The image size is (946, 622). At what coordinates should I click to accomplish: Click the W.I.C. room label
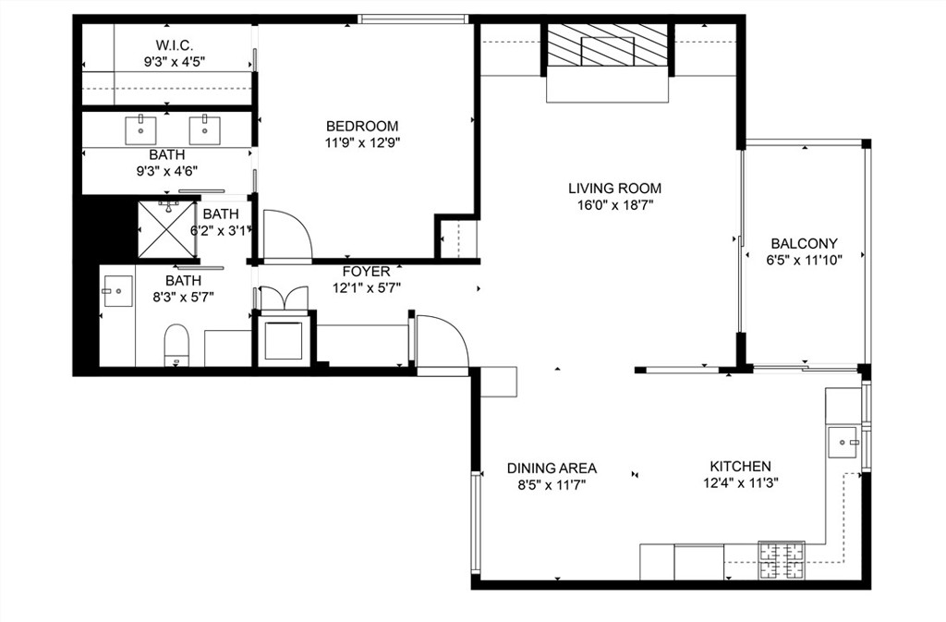click(174, 45)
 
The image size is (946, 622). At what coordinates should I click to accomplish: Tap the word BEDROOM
click(362, 127)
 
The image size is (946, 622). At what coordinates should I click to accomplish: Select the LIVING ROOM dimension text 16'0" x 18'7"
click(614, 205)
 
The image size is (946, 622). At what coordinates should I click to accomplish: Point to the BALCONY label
click(804, 244)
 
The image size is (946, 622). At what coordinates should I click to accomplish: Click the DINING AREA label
click(552, 468)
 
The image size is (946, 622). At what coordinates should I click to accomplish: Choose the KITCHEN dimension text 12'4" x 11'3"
click(740, 483)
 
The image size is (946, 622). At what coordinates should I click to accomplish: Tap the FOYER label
click(366, 272)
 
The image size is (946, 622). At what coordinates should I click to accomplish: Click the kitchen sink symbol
click(843, 442)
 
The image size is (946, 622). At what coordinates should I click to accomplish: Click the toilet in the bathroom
click(176, 347)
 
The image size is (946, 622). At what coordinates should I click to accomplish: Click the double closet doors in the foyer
click(283, 299)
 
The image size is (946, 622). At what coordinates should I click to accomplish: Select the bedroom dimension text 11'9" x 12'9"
click(362, 142)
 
